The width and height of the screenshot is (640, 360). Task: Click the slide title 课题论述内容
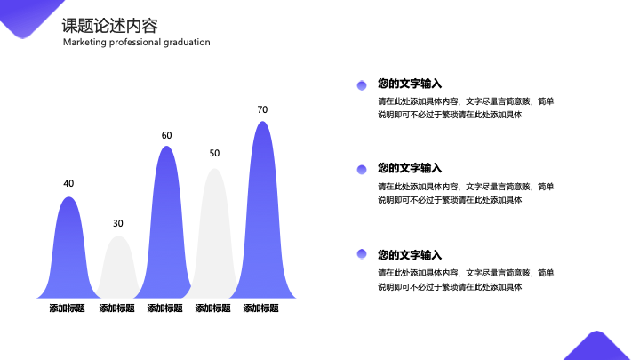pyautogui.click(x=110, y=26)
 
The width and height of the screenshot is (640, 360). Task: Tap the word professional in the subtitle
pyautogui.click(x=135, y=42)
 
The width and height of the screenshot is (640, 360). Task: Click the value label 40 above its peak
pyautogui.click(x=68, y=184)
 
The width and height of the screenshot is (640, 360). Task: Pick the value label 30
pyautogui.click(x=118, y=223)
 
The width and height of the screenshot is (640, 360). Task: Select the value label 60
pyautogui.click(x=166, y=135)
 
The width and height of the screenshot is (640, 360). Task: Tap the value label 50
pyautogui.click(x=214, y=153)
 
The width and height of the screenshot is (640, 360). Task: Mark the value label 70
pyautogui.click(x=262, y=110)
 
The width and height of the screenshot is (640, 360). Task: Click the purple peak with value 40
pyautogui.click(x=68, y=253)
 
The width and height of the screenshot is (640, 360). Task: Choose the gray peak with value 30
pyautogui.click(x=118, y=269)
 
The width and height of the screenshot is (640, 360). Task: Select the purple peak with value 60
pyautogui.click(x=166, y=228)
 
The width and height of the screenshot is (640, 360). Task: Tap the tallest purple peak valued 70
pyautogui.click(x=262, y=216)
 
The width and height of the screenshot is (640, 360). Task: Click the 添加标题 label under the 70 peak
pyautogui.click(x=260, y=308)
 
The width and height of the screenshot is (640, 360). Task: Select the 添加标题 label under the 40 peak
pyautogui.click(x=67, y=308)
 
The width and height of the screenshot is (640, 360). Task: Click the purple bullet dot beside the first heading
pyautogui.click(x=362, y=85)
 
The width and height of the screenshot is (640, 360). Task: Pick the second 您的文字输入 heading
pyautogui.click(x=410, y=168)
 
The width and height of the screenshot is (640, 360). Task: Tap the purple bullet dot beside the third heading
pyautogui.click(x=362, y=254)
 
